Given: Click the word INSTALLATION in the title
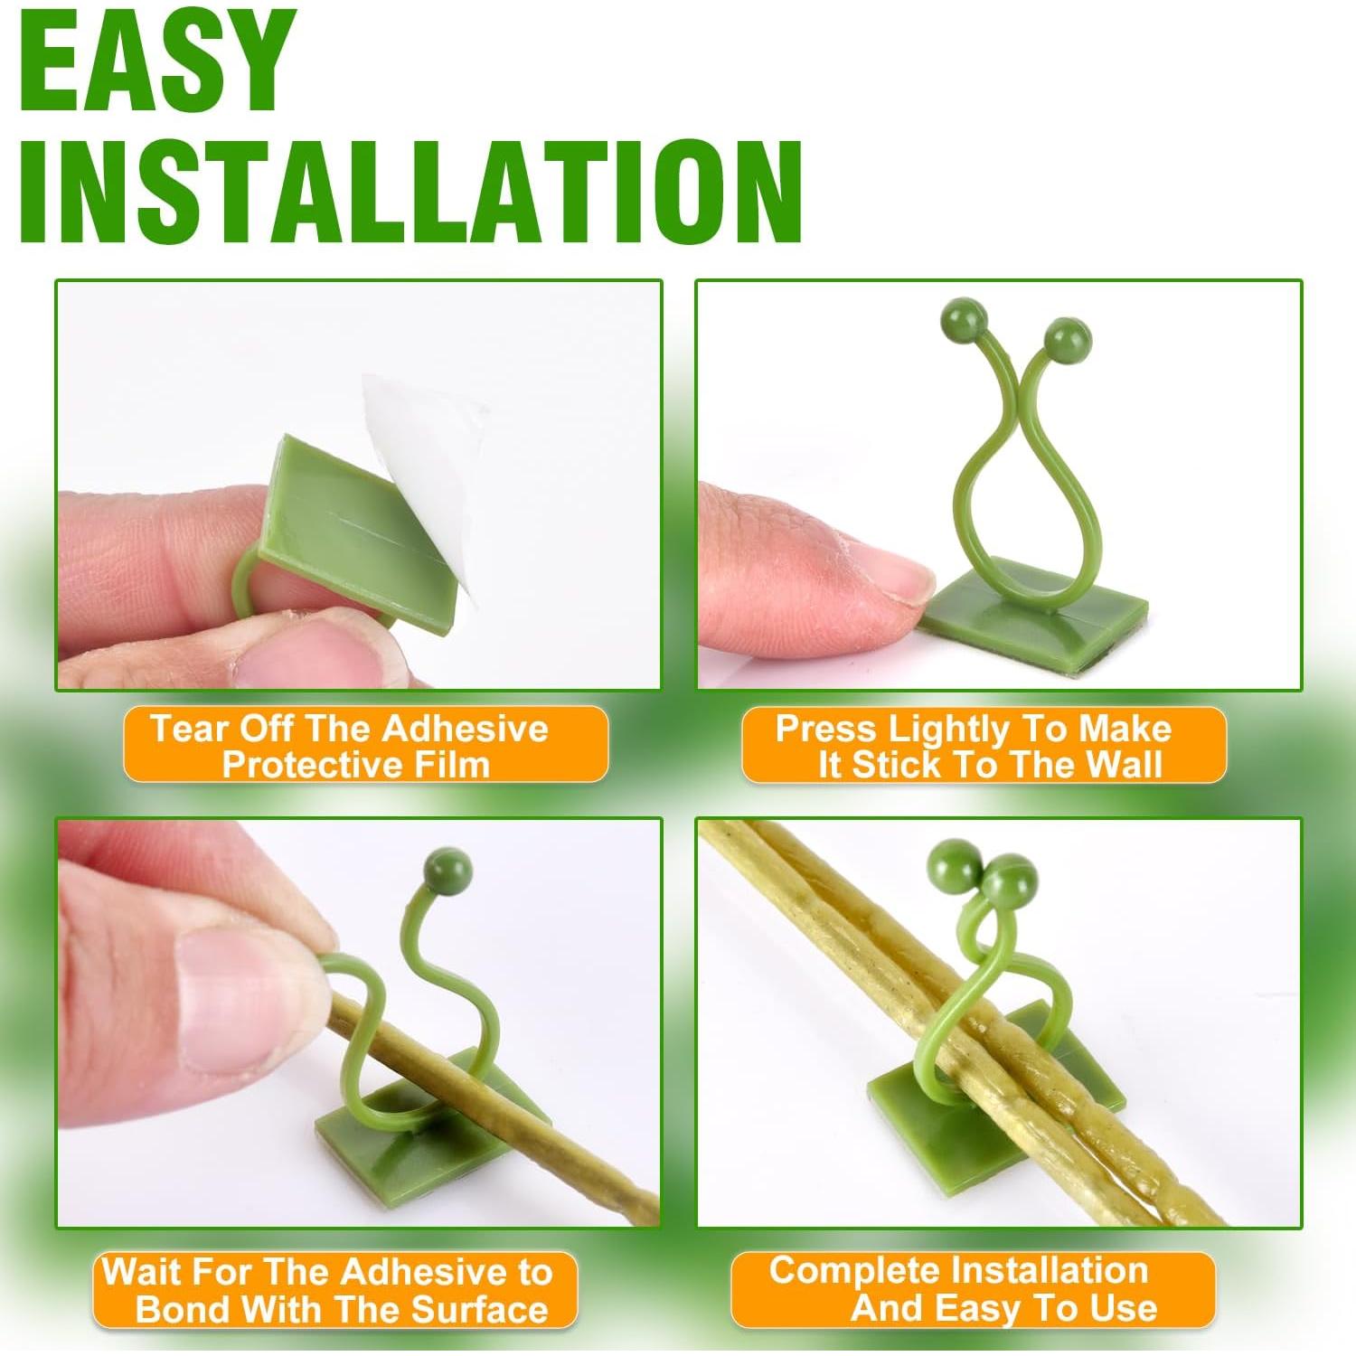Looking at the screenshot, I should click(411, 192).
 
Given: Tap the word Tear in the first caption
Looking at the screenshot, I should click(185, 729).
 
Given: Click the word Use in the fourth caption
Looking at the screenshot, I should click(1125, 1308).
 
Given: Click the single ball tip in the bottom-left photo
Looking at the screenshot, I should click(447, 870).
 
